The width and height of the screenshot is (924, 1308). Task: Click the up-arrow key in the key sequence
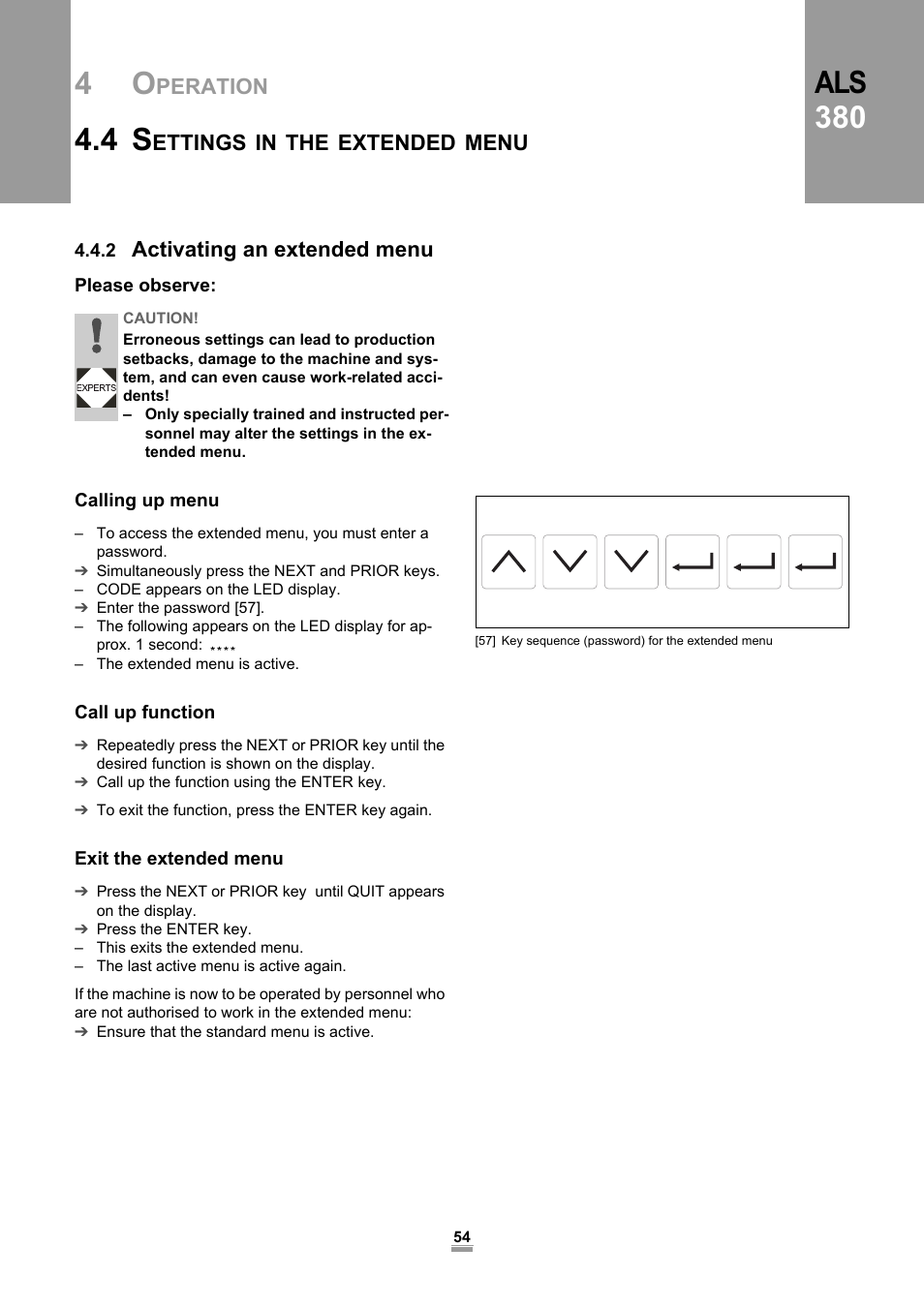pos(508,562)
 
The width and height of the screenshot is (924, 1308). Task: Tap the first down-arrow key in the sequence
pos(570,562)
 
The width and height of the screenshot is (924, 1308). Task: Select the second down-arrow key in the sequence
pos(631,562)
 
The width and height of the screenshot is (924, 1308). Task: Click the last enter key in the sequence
pos(816,562)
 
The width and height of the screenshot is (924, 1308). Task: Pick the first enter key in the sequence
pos(693,562)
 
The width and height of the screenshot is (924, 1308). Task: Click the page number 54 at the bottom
pos(462,1237)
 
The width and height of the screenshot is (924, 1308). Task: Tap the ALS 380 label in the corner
pos(840,100)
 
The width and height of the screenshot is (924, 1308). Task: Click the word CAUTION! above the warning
pos(161,319)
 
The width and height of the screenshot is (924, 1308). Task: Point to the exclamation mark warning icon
pos(96,337)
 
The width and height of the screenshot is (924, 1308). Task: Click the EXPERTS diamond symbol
pos(96,388)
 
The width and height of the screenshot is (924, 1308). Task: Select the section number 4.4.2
pos(95,251)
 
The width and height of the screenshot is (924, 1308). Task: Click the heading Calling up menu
pos(147,501)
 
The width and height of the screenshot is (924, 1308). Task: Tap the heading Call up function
pos(145,713)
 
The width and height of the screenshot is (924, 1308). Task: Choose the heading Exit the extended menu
pos(179,859)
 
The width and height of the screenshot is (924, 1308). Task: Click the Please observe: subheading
pos(145,286)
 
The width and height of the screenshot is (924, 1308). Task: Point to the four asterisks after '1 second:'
pos(223,648)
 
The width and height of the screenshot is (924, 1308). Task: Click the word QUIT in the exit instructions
pos(366,892)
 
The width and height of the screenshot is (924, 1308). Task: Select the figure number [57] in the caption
pos(485,641)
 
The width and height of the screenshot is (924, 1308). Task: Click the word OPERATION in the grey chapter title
pos(200,85)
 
